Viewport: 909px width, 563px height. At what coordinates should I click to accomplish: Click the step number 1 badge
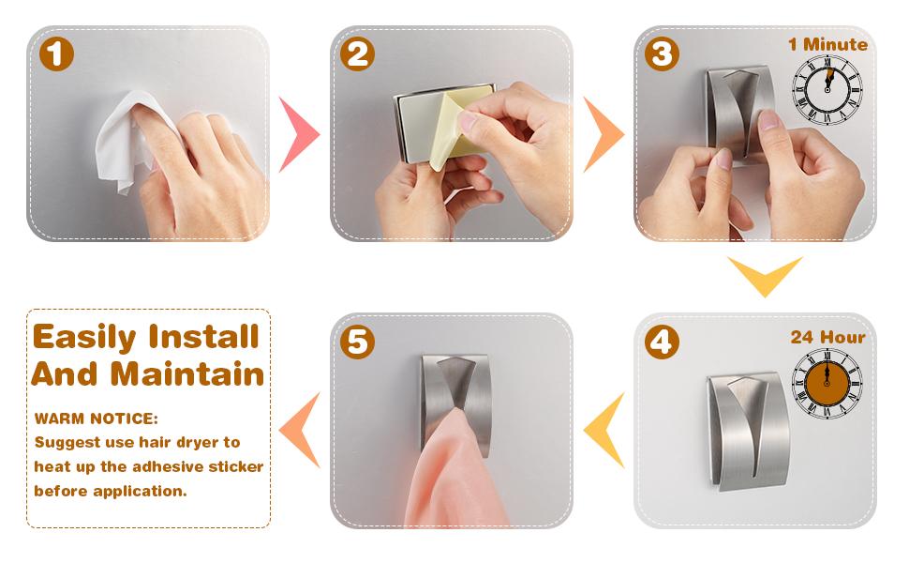(x=56, y=54)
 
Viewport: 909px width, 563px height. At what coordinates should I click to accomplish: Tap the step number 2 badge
(x=357, y=54)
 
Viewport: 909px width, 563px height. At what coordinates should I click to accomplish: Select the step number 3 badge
(x=662, y=54)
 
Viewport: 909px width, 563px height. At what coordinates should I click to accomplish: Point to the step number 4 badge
(x=662, y=342)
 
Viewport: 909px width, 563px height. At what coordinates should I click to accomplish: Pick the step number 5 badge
(x=357, y=342)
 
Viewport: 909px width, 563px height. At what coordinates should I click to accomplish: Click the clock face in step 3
(x=827, y=89)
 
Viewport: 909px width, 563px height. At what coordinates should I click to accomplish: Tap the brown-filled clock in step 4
(x=827, y=383)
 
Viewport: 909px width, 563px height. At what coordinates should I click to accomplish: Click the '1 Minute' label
(x=827, y=44)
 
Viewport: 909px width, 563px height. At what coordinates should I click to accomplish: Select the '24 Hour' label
(x=827, y=337)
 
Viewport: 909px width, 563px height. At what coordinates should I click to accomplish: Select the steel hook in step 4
(x=748, y=432)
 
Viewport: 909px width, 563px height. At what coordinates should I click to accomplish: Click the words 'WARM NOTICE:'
(x=97, y=418)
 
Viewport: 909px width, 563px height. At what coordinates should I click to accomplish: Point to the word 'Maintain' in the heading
(x=187, y=374)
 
